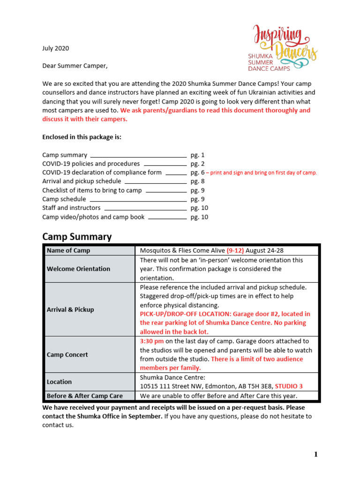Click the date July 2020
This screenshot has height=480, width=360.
tap(55, 48)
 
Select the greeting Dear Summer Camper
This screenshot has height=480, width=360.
tap(75, 66)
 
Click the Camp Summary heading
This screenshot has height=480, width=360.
tap(77, 237)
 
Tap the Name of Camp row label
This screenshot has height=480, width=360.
tap(68, 251)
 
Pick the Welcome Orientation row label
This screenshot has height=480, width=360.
tap(78, 269)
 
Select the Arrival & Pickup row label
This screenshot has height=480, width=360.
tap(70, 309)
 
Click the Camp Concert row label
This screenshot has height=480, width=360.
tap(67, 355)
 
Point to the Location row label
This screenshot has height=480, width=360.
tap(59, 382)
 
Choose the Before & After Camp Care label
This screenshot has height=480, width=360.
tap(84, 396)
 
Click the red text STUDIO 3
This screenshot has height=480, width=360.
tap(289, 386)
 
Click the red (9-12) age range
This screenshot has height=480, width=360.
tap(235, 251)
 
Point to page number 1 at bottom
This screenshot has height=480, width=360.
tap(316, 454)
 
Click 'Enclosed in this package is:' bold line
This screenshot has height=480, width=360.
tap(82, 137)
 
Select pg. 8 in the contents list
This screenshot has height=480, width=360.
tap(197, 181)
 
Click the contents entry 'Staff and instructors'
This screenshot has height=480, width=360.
tap(71, 208)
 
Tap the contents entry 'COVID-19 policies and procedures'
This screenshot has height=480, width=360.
tap(91, 164)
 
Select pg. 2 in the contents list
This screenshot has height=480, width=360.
tap(197, 164)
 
